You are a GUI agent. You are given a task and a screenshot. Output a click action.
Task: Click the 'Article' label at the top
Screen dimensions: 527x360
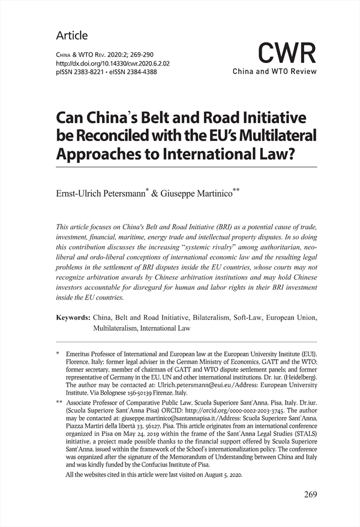71,35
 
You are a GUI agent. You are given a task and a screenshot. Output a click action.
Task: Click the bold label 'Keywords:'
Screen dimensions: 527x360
73,317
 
